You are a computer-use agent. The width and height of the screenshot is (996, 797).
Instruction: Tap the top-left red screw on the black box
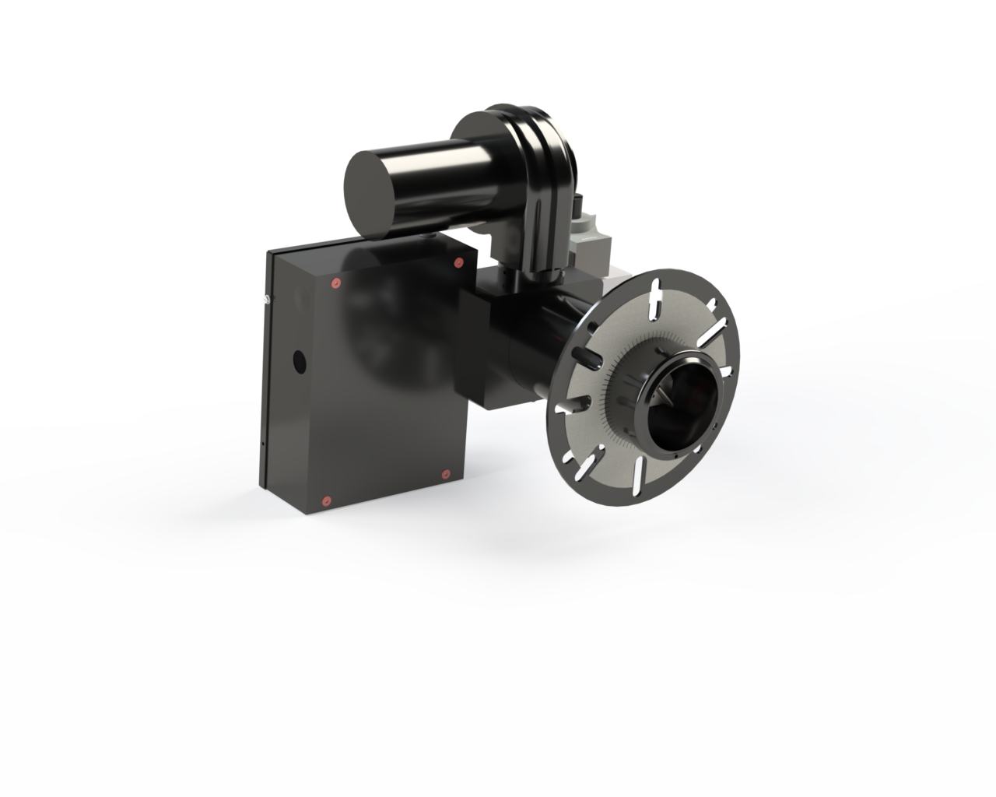(336, 283)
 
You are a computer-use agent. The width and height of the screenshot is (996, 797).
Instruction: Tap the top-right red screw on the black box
(458, 262)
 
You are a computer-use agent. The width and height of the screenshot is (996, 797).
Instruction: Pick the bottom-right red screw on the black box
(446, 473)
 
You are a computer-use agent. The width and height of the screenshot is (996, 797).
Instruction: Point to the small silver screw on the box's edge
(266, 299)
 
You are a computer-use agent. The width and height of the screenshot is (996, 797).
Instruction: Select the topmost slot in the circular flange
(655, 299)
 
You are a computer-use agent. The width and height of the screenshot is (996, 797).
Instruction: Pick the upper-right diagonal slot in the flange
(714, 332)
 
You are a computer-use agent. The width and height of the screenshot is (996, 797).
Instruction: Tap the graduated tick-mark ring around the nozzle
(622, 389)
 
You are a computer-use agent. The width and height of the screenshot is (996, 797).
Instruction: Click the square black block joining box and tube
(481, 342)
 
